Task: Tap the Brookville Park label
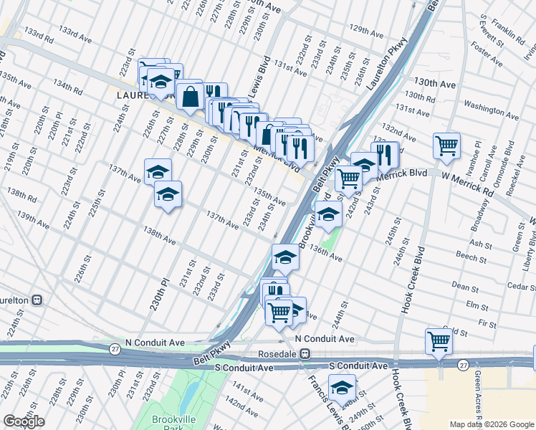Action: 169,424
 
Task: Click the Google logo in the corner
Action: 24,421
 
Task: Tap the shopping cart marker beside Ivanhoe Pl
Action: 446,145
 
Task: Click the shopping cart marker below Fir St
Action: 439,341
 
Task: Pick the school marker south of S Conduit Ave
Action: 343,388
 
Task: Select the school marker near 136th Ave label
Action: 328,214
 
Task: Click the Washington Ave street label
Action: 491,105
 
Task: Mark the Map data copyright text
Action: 491,424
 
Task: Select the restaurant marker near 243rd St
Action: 385,154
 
